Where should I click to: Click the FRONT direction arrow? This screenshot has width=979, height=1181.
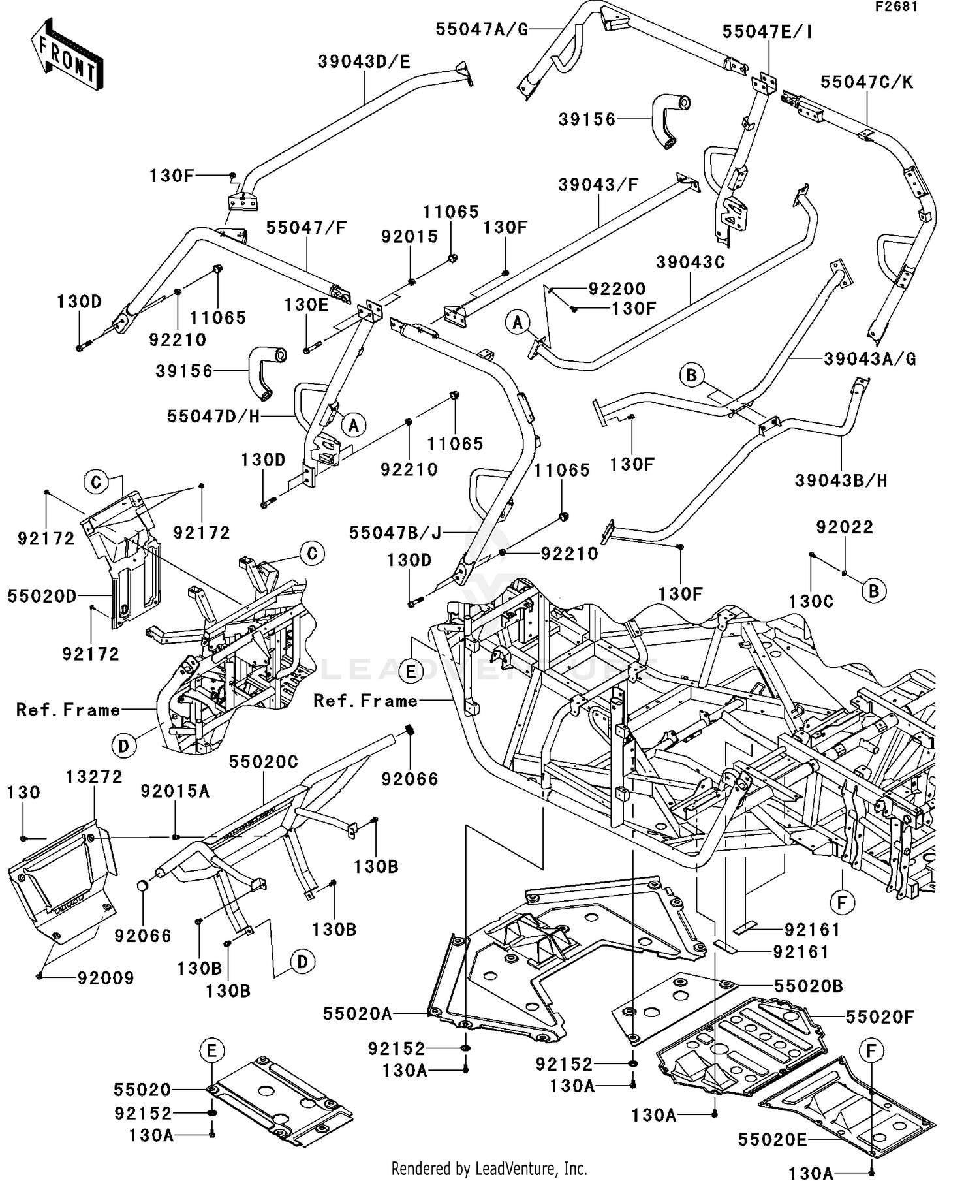coord(67,54)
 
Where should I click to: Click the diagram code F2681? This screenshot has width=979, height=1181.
coord(897,7)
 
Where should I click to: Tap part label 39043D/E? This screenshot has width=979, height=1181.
coord(364,62)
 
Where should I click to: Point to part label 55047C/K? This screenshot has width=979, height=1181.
coord(867,82)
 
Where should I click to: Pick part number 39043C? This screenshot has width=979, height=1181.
coord(691,262)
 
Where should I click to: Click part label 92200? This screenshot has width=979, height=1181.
coord(617,289)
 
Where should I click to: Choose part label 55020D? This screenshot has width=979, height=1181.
coord(42,595)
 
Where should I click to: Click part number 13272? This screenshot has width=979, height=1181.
coord(94,777)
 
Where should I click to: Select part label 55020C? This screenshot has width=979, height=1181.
coord(264,762)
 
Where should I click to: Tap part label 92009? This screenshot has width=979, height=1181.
coord(106,978)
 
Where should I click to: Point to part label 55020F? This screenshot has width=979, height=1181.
coord(880,1017)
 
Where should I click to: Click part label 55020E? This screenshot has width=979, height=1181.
coord(773,1140)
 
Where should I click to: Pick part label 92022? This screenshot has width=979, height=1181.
coord(845,528)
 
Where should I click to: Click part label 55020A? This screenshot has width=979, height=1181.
coord(358,1014)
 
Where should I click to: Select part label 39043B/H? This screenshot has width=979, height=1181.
coord(841,481)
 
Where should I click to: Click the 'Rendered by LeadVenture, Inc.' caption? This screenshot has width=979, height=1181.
coord(489,1168)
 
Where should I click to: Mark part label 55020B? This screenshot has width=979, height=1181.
coord(809,986)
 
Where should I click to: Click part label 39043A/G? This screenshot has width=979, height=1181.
coord(869,359)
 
